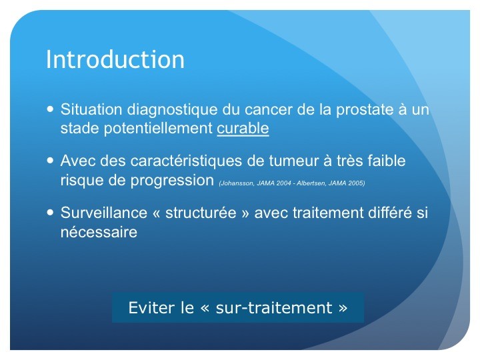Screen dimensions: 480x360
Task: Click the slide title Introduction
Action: [115, 59]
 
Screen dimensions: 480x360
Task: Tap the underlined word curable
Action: [243, 128]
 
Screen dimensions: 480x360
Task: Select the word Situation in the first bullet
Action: [91, 109]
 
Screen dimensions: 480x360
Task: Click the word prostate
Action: [365, 110]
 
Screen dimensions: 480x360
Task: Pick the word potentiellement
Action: [158, 129]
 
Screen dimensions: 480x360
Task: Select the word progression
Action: [172, 181]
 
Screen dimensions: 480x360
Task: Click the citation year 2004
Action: [283, 183]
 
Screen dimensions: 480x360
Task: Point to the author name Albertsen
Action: [311, 183]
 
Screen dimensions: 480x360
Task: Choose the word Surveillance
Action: [104, 213]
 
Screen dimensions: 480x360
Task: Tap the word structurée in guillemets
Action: [201, 213]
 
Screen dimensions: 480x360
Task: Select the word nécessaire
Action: [99, 232]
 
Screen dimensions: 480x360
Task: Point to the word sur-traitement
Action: [274, 308]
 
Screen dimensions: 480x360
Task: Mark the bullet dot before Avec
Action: [51, 160]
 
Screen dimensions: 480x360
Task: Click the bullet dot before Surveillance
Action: [51, 212]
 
